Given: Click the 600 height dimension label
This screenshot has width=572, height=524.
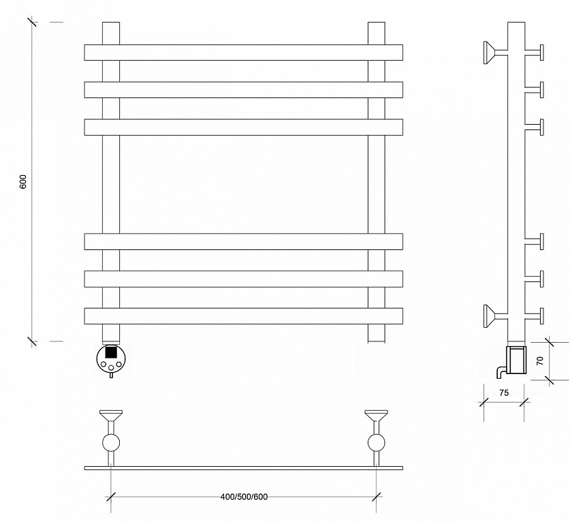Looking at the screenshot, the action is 23,181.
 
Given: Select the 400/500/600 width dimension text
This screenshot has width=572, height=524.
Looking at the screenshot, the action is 244,497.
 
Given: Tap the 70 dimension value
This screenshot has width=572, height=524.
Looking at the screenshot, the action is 540,360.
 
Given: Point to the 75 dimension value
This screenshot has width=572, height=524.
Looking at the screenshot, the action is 504,393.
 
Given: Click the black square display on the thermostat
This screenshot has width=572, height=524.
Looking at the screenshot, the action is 110,352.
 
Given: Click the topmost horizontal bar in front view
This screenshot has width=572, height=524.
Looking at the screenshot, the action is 243,52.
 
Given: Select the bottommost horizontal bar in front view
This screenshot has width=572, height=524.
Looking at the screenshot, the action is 243,316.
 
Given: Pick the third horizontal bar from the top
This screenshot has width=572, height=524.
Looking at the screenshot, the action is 243,127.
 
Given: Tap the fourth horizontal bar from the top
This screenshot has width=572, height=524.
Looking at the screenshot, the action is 243,242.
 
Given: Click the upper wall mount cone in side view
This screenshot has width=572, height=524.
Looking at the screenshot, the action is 490,52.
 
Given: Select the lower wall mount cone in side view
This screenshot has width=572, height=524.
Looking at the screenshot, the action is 490,316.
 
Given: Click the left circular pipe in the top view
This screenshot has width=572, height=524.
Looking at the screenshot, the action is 111,443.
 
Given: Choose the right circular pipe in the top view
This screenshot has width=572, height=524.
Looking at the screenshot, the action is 376,443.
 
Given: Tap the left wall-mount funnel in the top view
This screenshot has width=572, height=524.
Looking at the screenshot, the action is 111,416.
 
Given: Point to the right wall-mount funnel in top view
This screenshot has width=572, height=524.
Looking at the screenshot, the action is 376,416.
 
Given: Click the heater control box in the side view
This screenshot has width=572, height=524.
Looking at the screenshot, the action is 516,360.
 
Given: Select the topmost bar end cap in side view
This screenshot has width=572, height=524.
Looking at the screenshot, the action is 542,52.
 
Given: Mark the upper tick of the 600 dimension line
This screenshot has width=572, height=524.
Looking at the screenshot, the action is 32,22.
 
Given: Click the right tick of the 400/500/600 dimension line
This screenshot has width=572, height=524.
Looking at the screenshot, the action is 377,497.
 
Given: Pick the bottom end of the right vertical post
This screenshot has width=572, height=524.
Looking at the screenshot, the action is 376,342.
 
